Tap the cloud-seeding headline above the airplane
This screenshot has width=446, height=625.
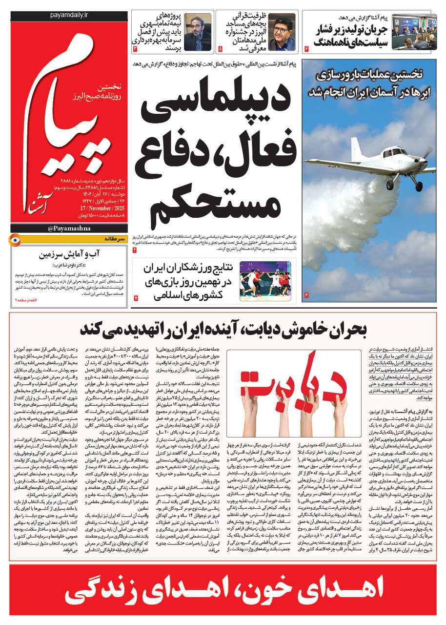(369, 83)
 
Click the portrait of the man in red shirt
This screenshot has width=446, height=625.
(282, 32)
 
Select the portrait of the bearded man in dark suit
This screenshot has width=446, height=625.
(197, 32)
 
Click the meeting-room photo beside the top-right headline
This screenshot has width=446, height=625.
(414, 32)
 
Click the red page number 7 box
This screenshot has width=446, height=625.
(136, 297)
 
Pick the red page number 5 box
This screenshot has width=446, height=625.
(220, 49)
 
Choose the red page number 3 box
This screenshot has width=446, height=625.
(135, 49)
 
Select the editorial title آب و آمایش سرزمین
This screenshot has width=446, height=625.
(70, 254)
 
